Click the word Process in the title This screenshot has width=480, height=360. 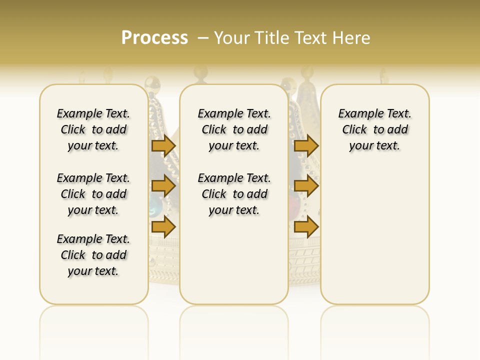(x=154, y=37)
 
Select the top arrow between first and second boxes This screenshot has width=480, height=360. (x=163, y=145)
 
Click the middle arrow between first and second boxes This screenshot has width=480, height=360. (x=163, y=186)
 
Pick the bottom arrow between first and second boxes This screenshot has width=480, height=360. (x=163, y=227)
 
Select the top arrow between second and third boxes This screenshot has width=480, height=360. (x=306, y=145)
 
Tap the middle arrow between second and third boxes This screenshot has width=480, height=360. (x=306, y=186)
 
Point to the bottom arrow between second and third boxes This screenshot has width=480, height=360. (x=306, y=227)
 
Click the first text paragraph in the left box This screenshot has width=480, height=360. (x=93, y=129)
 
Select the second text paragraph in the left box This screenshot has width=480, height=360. (x=93, y=194)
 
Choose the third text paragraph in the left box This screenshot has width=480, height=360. (x=93, y=255)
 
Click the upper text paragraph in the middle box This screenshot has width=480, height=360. (x=234, y=129)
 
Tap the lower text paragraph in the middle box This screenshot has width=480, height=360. (x=234, y=194)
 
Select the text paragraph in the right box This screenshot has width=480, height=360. (x=375, y=129)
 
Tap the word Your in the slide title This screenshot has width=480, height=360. (x=232, y=38)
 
